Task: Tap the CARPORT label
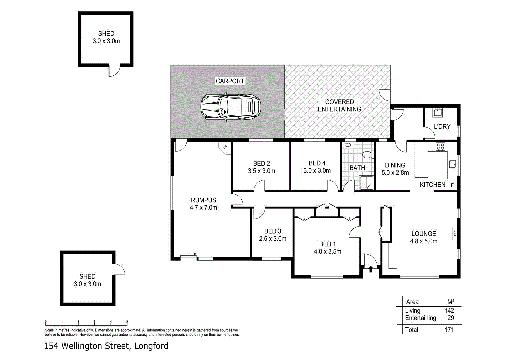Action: tap(230, 81)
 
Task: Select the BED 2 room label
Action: tap(262, 163)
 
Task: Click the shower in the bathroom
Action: tap(366, 183)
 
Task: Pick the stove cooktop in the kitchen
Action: tap(440, 146)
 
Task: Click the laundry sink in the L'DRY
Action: tap(437, 112)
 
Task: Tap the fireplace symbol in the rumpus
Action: tap(225, 147)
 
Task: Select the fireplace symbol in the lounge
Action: tap(454, 233)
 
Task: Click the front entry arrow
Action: tap(371, 269)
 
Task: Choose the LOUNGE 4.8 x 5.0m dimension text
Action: tap(424, 241)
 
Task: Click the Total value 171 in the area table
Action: tap(449, 330)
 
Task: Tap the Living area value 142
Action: tap(449, 310)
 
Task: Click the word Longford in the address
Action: tap(151, 346)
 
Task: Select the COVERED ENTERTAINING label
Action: tap(339, 105)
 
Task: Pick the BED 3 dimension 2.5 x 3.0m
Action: tap(273, 239)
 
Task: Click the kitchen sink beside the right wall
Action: tap(452, 164)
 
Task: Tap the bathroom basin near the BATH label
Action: tap(348, 145)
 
